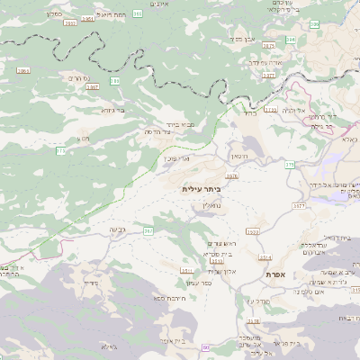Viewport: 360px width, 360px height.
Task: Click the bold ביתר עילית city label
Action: click(201, 190)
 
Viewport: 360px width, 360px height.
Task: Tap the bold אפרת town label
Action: click(275, 273)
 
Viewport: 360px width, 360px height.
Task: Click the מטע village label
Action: click(84, 138)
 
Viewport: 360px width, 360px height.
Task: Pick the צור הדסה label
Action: click(158, 133)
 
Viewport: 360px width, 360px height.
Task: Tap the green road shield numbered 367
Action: click(148, 231)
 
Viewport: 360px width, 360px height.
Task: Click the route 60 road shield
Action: click(206, 346)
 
